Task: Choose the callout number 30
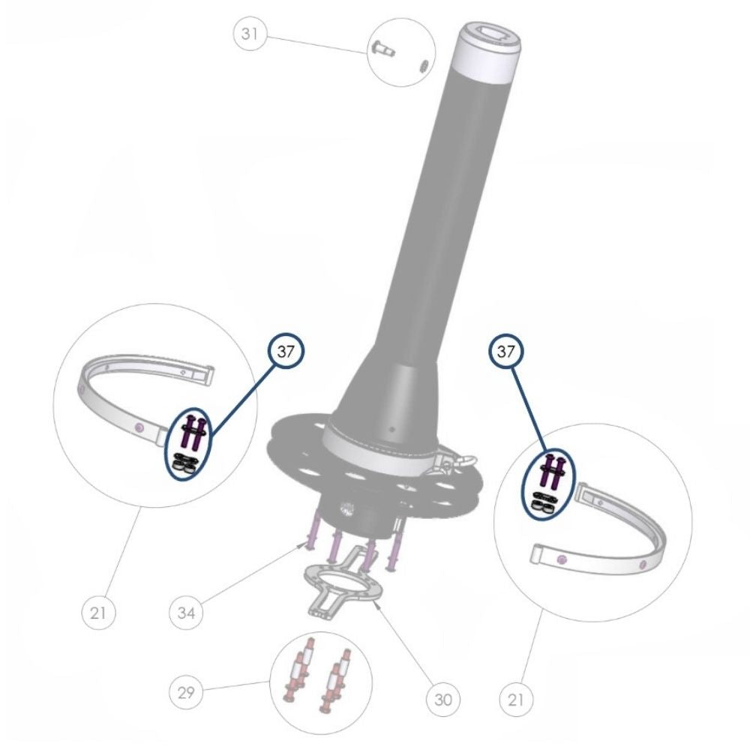tap(443, 700)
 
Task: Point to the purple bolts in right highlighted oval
tap(553, 472)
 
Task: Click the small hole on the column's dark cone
tap(391, 430)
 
